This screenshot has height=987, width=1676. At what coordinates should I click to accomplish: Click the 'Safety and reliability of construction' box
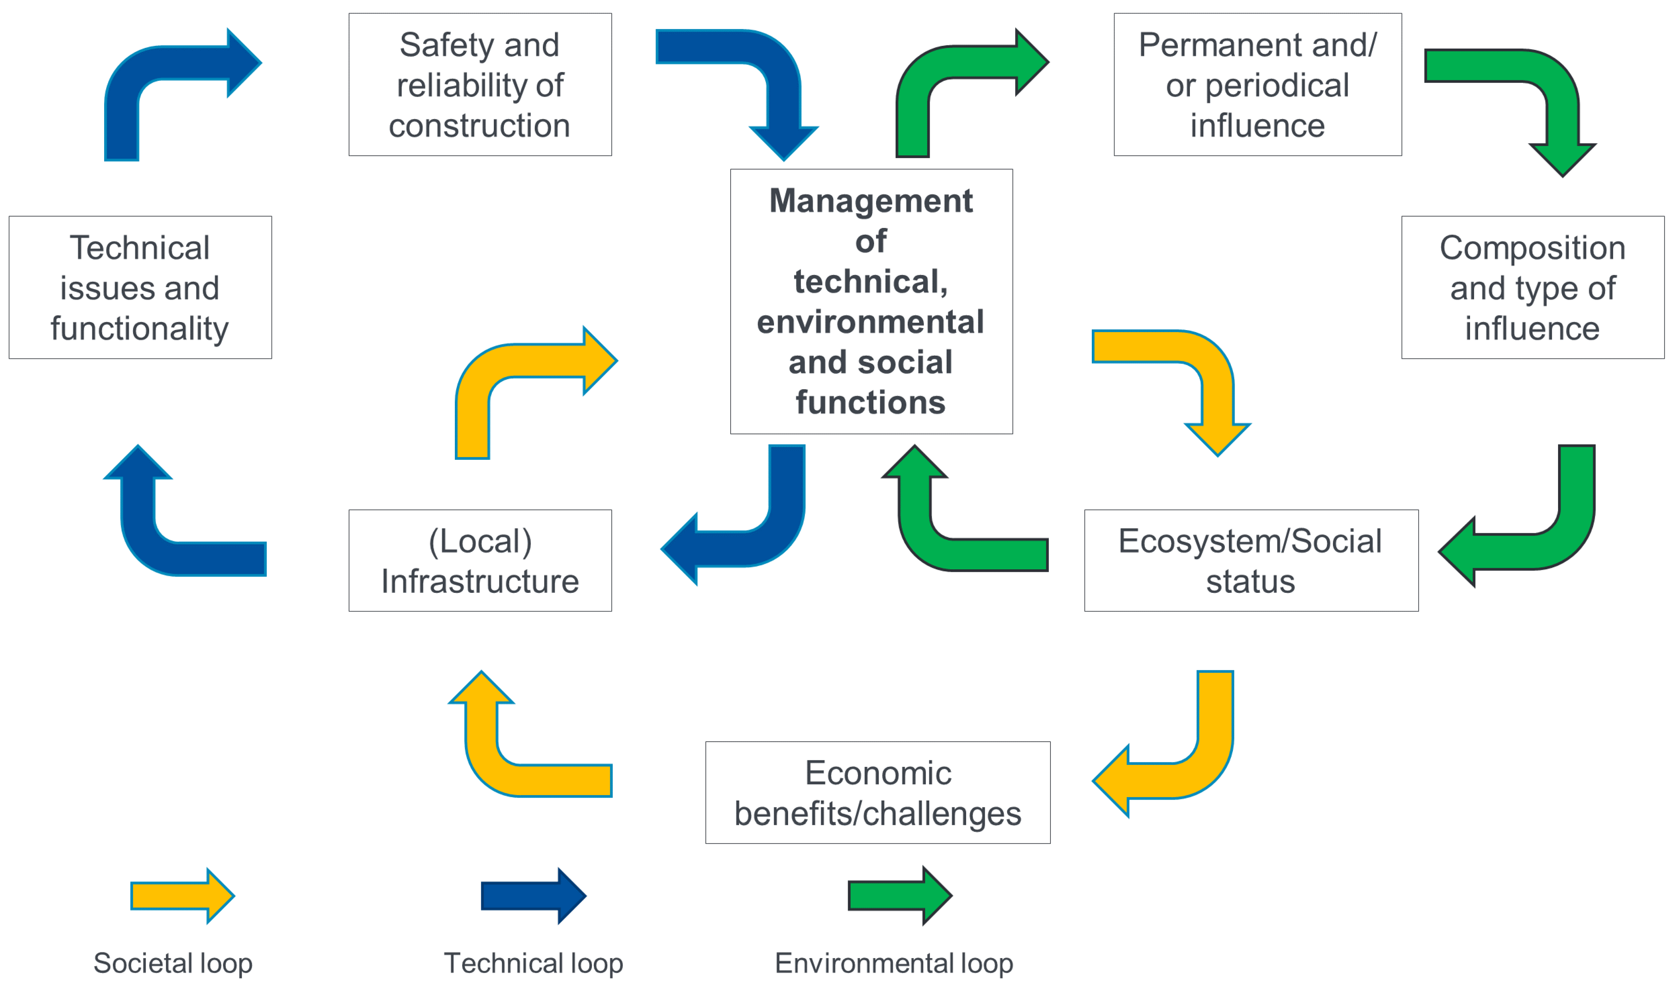480,84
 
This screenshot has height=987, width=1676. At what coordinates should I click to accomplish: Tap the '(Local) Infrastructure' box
480,561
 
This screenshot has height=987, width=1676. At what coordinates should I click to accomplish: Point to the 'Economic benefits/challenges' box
877,793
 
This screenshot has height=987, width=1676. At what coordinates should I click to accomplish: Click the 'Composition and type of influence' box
1532,288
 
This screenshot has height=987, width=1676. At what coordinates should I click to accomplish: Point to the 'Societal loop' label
173,963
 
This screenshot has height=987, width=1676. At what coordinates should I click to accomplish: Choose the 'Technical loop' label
534,963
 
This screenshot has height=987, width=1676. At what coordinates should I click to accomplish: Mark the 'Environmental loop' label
894,963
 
